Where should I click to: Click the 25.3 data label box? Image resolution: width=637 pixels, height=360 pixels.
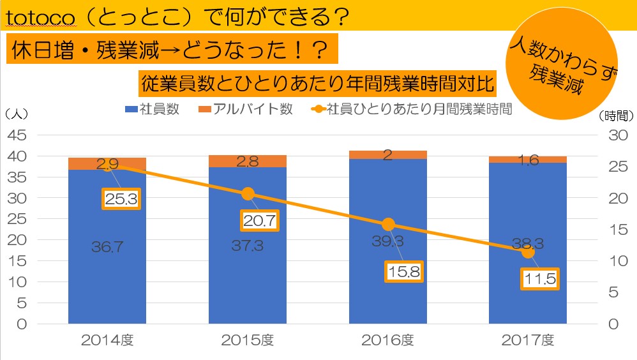[x=121, y=199]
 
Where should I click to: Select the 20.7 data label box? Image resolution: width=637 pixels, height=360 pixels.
[x=261, y=221]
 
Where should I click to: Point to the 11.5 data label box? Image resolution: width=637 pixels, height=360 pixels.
[x=540, y=279]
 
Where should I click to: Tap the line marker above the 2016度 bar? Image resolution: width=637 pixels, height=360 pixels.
[x=388, y=225]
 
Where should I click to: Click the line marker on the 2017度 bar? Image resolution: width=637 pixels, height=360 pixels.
[x=528, y=252]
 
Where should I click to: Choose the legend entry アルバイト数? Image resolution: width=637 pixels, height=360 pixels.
[x=246, y=109]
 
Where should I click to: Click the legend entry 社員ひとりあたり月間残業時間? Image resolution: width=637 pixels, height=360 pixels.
[x=412, y=109]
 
